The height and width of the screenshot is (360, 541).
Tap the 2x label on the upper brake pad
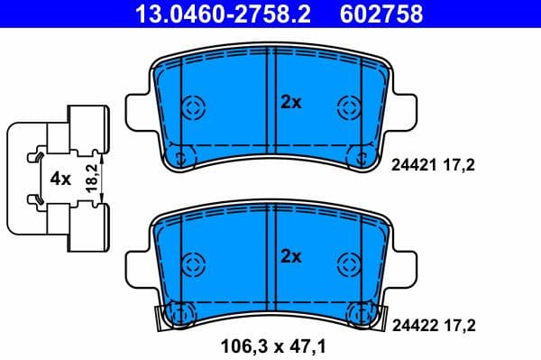[289, 103]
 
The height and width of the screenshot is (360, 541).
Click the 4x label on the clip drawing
[60, 179]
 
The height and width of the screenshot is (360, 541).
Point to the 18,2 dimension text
[91, 179]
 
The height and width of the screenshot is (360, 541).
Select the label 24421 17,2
[432, 164]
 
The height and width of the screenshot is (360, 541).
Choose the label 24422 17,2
[432, 322]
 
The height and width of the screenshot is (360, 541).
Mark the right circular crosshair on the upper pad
[348, 107]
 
